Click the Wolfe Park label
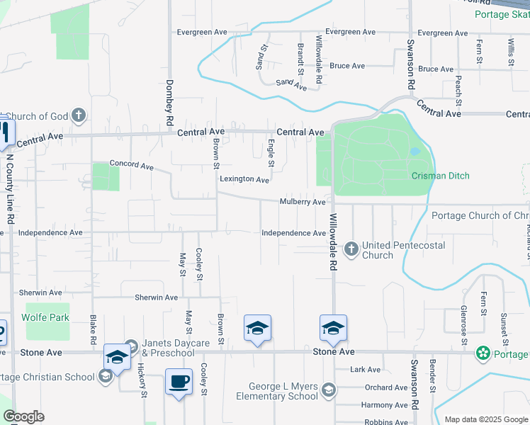[47, 317]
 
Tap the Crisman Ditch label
[440, 176]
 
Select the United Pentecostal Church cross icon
[351, 249]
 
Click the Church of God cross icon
[78, 114]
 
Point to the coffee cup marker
[179, 382]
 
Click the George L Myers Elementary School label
[283, 392]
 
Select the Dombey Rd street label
[170, 102]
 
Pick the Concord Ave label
[131, 166]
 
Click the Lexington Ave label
[244, 179]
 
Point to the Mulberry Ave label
[302, 202]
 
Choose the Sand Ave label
[291, 84]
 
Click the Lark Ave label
[366, 369]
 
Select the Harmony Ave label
[384, 405]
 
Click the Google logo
[23, 416]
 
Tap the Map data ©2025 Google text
[486, 419]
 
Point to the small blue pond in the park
[415, 151]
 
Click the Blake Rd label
[92, 330]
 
